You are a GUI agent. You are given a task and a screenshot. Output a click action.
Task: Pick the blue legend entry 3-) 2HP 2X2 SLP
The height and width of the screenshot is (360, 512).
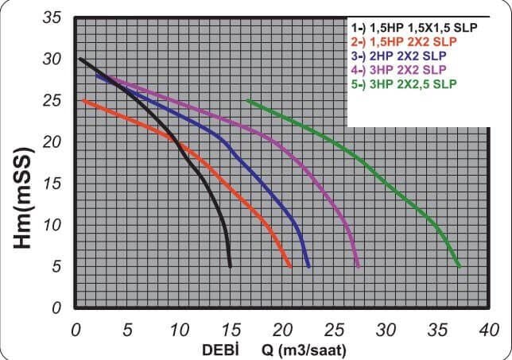coord(398,56)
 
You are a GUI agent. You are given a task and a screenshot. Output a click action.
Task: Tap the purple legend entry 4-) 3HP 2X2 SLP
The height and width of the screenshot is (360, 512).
coord(398,70)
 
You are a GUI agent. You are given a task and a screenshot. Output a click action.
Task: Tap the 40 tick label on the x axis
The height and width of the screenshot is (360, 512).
coord(489,329)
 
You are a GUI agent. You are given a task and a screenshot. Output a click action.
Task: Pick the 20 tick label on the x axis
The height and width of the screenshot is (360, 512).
coord(282,329)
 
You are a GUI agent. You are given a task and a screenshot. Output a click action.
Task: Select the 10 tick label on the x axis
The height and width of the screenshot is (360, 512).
coord(179,329)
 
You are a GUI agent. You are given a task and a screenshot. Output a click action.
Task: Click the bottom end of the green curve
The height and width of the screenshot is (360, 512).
coord(459,265)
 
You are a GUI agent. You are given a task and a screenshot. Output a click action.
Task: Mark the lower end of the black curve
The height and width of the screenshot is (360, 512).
coord(230,266)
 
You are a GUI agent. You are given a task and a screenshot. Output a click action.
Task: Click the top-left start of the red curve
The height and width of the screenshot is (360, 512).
coord(83,100)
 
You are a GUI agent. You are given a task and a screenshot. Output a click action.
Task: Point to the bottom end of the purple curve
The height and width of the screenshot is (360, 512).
coord(359,266)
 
